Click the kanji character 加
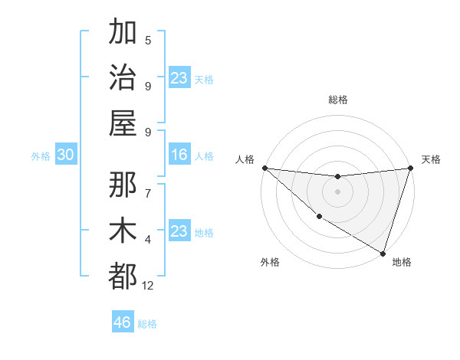tap(123, 33)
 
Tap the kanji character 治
tap(123, 77)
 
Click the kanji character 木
tap(123, 230)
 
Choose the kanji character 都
tap(123, 275)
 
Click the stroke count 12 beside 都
tap(148, 285)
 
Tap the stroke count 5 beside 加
tap(148, 41)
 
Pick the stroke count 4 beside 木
tap(148, 239)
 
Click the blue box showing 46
tap(123, 322)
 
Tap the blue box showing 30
tap(65, 155)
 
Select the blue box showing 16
tap(179, 155)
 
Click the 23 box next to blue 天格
tap(179, 78)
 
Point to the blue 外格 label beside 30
tap(41, 156)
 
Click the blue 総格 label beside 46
tap(147, 324)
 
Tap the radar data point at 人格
tap(264, 168)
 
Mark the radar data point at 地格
tap(382, 253)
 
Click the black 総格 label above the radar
tap(338, 100)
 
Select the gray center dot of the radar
tap(338, 191)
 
